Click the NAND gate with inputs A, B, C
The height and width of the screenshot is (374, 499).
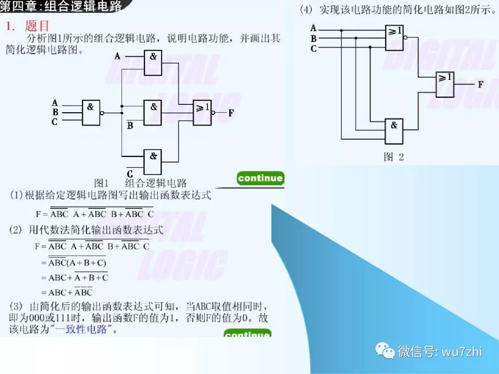click(91, 113)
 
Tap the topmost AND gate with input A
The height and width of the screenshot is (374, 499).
click(153, 63)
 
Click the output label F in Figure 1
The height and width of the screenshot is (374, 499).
click(231, 113)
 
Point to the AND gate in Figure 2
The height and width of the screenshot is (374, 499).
click(394, 131)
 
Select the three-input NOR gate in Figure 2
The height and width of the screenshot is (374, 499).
click(394, 37)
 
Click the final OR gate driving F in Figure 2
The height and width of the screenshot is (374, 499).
click(445, 84)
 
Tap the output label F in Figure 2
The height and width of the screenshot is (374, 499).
click(481, 84)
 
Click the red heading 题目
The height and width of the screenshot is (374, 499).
click(37, 26)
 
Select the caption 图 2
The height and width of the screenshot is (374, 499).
click(394, 157)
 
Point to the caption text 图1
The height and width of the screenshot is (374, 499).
click(101, 183)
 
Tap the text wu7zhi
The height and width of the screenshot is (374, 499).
click(462, 351)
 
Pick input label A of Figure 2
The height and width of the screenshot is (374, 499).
click(313, 28)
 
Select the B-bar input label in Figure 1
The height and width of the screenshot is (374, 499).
click(130, 125)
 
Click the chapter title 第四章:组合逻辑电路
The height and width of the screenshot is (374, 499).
click(62, 6)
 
